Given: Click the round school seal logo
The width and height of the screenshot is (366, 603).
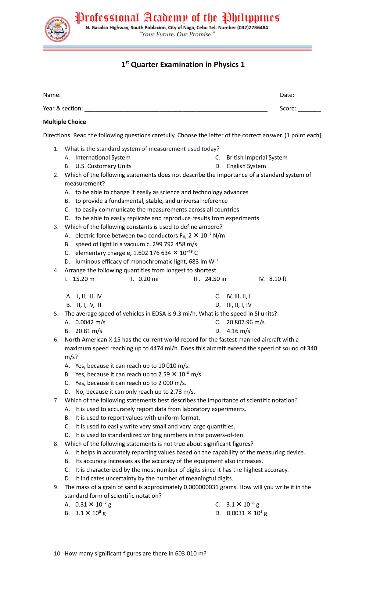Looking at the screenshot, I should click(58, 29).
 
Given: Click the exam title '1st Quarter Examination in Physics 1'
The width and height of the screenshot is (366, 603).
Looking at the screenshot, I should click(183, 65).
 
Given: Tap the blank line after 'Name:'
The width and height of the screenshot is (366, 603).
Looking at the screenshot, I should click(165, 96).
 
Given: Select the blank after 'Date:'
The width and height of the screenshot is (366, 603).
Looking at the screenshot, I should click(308, 96).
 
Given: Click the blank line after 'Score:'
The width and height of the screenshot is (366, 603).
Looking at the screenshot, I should click(309, 109).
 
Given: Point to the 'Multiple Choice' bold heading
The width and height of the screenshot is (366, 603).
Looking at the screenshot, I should click(64, 122).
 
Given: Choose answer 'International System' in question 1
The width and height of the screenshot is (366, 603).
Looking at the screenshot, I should click(103, 157).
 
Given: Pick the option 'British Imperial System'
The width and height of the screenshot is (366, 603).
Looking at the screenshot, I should click(257, 157).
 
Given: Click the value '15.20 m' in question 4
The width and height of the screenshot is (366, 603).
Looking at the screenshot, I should click(84, 279).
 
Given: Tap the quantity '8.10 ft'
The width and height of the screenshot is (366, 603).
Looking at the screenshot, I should click(278, 279).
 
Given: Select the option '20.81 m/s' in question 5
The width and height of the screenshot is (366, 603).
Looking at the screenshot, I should click(89, 331).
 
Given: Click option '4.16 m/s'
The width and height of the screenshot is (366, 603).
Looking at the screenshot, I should click(238, 331).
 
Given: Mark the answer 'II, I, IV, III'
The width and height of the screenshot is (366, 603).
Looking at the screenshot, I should click(89, 305).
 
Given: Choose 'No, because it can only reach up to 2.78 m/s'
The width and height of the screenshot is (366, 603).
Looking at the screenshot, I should click(135, 392).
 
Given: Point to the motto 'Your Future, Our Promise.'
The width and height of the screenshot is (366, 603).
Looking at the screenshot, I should click(177, 34).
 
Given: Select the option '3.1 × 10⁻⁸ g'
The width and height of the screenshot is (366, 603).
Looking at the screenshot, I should click(243, 505).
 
